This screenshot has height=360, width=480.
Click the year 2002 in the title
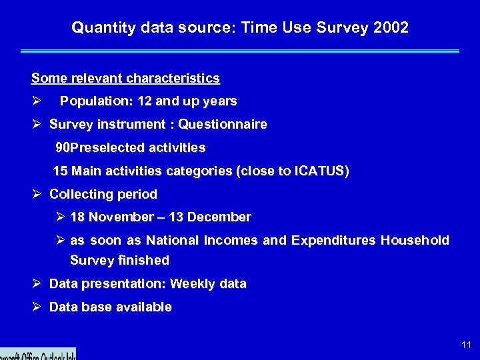click(391, 28)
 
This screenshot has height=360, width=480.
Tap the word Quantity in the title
click(97, 28)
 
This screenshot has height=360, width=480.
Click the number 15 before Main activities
click(60, 171)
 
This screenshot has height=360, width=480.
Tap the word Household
click(415, 240)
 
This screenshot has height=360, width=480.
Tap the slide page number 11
click(466, 345)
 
